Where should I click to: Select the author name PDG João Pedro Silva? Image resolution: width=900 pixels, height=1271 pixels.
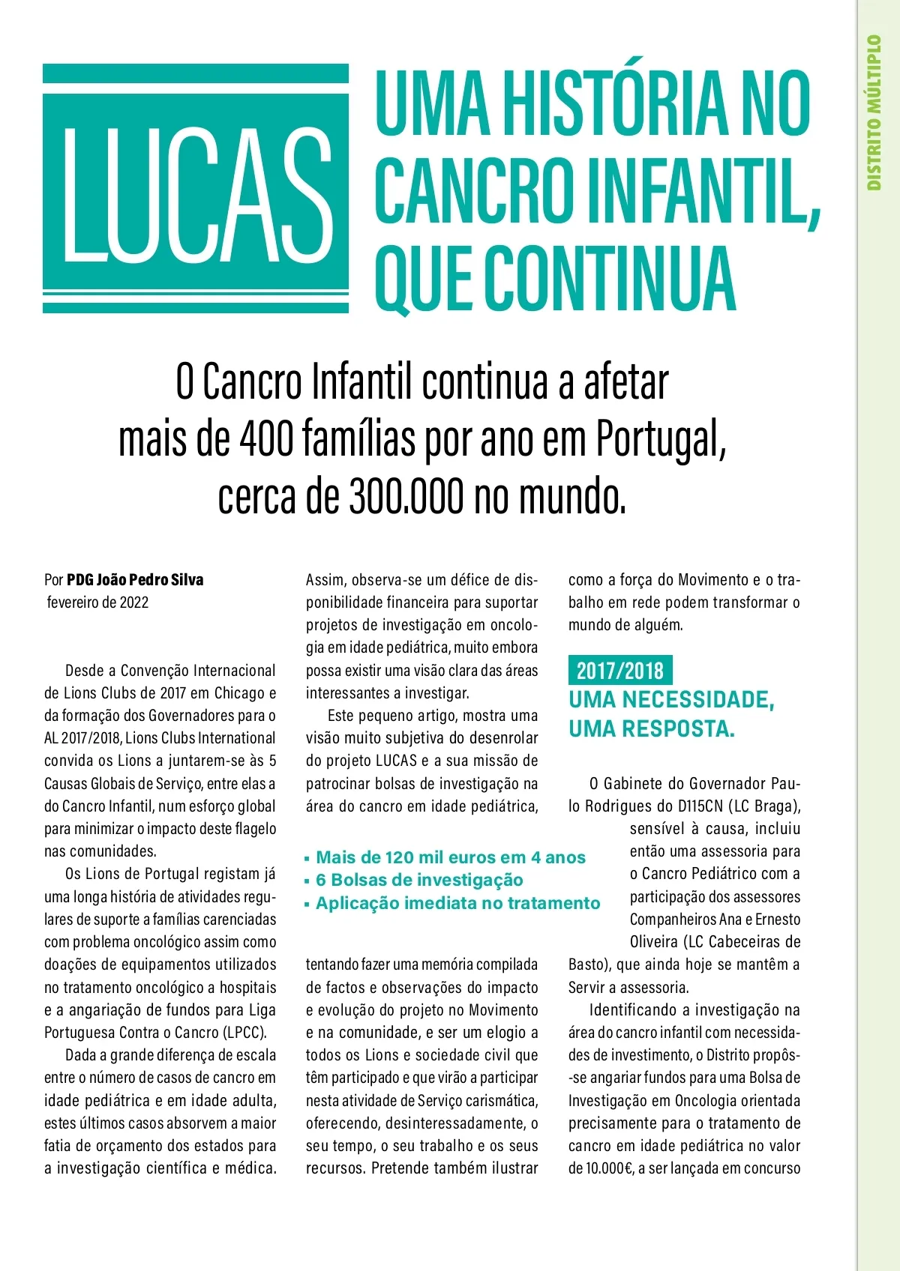pyautogui.click(x=135, y=580)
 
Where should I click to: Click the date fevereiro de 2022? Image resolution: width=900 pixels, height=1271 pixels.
pyautogui.click(x=97, y=603)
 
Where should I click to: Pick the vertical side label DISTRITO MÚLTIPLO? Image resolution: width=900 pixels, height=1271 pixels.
pyautogui.click(x=874, y=112)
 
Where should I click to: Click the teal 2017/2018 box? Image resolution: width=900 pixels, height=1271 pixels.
pyautogui.click(x=619, y=670)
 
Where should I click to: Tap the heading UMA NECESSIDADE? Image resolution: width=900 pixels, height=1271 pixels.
pyautogui.click(x=671, y=700)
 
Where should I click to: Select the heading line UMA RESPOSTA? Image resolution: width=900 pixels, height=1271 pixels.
pyautogui.click(x=652, y=728)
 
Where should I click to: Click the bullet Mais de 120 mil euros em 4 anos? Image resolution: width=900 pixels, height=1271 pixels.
pyautogui.click(x=450, y=857)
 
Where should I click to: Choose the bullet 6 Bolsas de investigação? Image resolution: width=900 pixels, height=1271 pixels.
pyautogui.click(x=419, y=880)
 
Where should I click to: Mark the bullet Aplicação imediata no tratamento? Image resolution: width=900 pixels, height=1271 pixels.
pyautogui.click(x=457, y=903)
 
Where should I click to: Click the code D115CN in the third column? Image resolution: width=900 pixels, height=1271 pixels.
pyautogui.click(x=703, y=806)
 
